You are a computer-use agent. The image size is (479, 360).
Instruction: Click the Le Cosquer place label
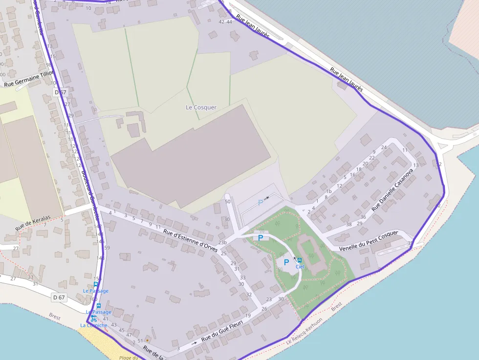(201, 107)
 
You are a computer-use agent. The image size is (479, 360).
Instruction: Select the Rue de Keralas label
(33, 223)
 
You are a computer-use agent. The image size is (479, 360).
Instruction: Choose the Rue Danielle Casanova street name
(392, 190)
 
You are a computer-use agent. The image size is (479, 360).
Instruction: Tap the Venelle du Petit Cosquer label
(370, 241)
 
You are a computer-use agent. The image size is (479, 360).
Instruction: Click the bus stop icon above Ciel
(299, 260)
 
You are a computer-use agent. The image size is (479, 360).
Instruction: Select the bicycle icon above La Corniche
(93, 318)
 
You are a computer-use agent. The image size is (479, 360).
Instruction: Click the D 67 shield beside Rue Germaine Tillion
(60, 92)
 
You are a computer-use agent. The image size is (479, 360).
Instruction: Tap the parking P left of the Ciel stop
(286, 262)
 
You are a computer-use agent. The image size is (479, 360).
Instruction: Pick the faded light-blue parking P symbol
(261, 202)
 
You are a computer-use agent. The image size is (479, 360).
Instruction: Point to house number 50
(227, 202)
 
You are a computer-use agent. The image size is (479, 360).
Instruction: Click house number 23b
(223, 243)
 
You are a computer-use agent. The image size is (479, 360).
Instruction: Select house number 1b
(329, 191)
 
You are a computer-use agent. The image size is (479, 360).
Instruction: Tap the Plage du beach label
(127, 358)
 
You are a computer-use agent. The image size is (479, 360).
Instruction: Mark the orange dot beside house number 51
(147, 339)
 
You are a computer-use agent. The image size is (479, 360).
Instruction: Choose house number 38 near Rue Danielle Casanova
(348, 225)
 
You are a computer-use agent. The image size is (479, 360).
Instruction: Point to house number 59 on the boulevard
(107, 248)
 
